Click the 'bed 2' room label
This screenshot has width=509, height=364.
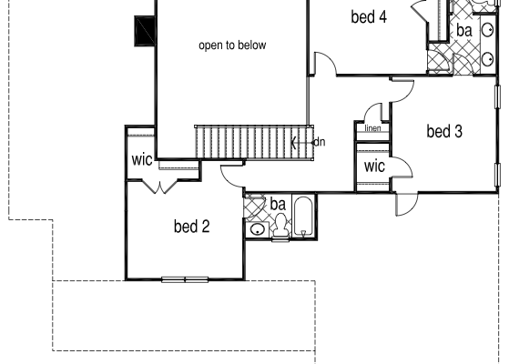point(191,226)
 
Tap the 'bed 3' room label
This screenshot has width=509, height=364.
point(444,131)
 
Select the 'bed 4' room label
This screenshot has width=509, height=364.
point(369,17)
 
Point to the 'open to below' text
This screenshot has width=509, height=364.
point(232,45)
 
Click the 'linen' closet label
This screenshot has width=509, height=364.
point(372,128)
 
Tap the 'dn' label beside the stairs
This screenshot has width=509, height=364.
point(320,142)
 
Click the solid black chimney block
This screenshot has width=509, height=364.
point(145,31)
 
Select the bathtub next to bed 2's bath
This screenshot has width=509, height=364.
point(303,217)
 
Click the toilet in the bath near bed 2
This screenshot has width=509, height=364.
point(280,227)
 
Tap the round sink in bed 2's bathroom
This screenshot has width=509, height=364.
point(258,230)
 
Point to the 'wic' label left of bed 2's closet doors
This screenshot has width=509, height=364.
point(142,159)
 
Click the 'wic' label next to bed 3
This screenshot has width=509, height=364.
point(374,167)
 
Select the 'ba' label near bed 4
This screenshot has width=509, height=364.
point(464,31)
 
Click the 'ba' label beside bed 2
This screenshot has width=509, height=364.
point(278,205)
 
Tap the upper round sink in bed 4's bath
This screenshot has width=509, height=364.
point(487,30)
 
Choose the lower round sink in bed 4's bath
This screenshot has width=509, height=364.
point(487,59)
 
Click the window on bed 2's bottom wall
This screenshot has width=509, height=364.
point(185,279)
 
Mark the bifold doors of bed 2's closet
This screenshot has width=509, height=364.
point(160,187)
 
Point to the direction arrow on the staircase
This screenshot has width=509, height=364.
point(302,143)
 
